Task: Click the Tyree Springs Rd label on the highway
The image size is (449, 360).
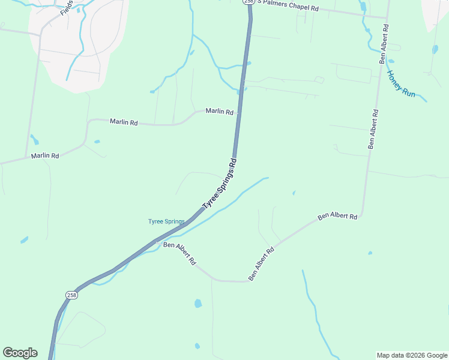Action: (x=220, y=184)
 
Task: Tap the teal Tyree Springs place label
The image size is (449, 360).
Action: (x=166, y=221)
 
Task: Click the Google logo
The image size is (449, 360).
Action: (x=20, y=353)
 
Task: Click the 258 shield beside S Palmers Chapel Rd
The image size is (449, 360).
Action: (x=249, y=2)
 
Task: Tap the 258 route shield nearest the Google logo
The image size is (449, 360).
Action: (x=71, y=295)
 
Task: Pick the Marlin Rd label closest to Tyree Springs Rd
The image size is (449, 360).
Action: (x=219, y=111)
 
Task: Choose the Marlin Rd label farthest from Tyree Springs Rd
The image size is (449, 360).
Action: (x=45, y=156)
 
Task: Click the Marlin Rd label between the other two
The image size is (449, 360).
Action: (x=124, y=122)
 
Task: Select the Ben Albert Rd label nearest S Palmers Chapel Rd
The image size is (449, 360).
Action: (x=383, y=44)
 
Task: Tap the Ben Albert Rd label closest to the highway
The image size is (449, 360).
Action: (x=180, y=253)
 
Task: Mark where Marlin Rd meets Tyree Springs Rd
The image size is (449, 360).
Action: (x=238, y=113)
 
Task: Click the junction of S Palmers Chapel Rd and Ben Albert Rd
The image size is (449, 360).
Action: (x=385, y=17)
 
